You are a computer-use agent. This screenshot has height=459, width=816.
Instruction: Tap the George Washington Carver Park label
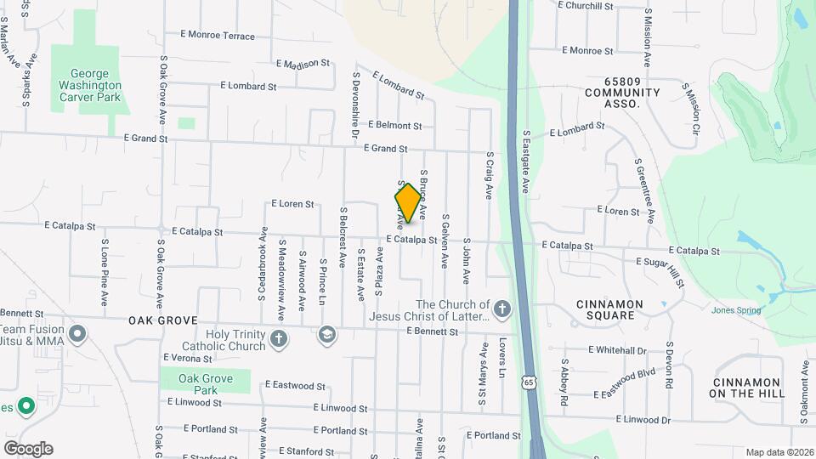(x=90, y=86)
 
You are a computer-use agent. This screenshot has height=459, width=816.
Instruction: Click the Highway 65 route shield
(x=530, y=383)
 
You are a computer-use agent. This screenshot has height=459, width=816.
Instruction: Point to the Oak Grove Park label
(x=206, y=384)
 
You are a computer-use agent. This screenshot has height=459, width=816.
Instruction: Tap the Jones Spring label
(x=736, y=310)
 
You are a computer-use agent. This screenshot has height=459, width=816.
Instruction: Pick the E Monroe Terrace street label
(x=218, y=36)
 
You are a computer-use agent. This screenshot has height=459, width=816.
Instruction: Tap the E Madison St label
(x=303, y=64)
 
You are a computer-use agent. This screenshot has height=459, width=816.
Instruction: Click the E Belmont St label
(x=395, y=126)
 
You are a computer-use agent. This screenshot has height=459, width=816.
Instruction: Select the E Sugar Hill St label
(x=660, y=267)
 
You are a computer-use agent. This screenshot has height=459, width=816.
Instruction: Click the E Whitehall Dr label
(x=617, y=350)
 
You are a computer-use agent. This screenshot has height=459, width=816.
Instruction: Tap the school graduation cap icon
(x=326, y=336)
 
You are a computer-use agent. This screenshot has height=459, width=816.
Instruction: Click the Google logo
(x=28, y=449)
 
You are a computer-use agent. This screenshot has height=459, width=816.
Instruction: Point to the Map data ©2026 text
(x=779, y=452)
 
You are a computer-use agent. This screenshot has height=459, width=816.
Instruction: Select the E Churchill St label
(x=586, y=6)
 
